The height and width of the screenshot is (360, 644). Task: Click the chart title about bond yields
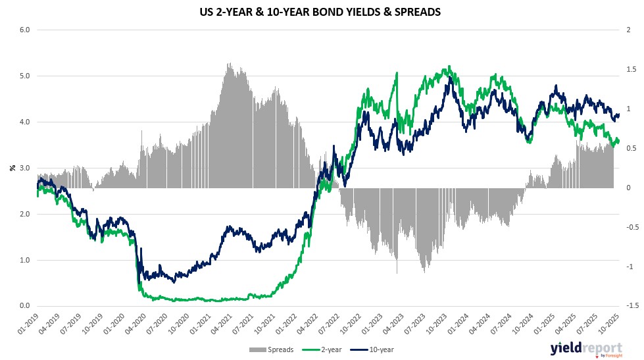pyautogui.click(x=322, y=11)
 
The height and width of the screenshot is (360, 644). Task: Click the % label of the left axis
pyautogui.click(x=11, y=168)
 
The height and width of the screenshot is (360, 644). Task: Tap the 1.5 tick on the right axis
pyautogui.click(x=629, y=69)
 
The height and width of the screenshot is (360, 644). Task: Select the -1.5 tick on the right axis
pyautogui.click(x=629, y=306)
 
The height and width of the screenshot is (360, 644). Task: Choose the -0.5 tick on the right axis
pyautogui.click(x=629, y=227)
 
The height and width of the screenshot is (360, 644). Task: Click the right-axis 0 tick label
pyautogui.click(x=628, y=188)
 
